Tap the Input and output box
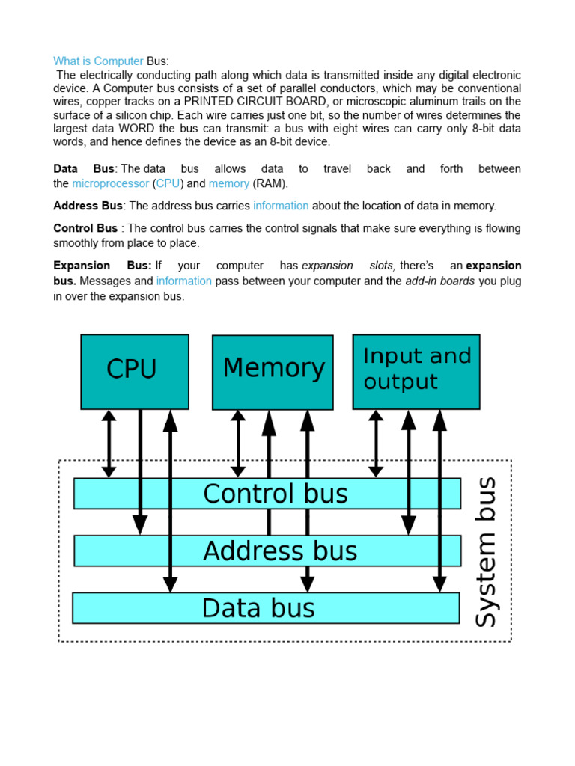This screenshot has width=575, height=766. tap(416, 371)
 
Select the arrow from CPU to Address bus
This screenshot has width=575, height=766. tap(140, 471)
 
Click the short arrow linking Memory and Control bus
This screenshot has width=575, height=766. tap(238, 443)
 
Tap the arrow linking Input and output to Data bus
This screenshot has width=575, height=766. tap(439, 501)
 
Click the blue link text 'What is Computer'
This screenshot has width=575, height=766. tap(98, 61)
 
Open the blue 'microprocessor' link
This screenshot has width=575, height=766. tap(110, 183)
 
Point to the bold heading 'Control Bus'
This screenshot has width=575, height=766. tap(85, 228)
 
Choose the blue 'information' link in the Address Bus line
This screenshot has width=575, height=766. tap(281, 206)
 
